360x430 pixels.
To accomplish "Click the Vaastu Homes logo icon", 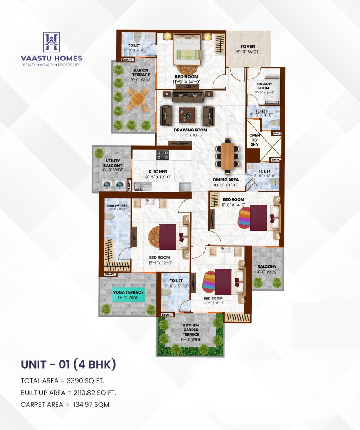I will pos(51,42).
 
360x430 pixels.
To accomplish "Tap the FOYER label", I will pos(247,47).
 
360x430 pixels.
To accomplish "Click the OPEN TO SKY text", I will pos(255,140).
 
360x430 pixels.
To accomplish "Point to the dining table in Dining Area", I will pos(227,155).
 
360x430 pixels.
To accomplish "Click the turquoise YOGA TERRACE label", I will pos(128,292).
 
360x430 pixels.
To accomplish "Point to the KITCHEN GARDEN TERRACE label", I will pos(191,330).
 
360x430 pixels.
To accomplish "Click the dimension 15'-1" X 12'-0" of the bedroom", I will pos(160,263).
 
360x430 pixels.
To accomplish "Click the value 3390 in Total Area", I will pos(69,381).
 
